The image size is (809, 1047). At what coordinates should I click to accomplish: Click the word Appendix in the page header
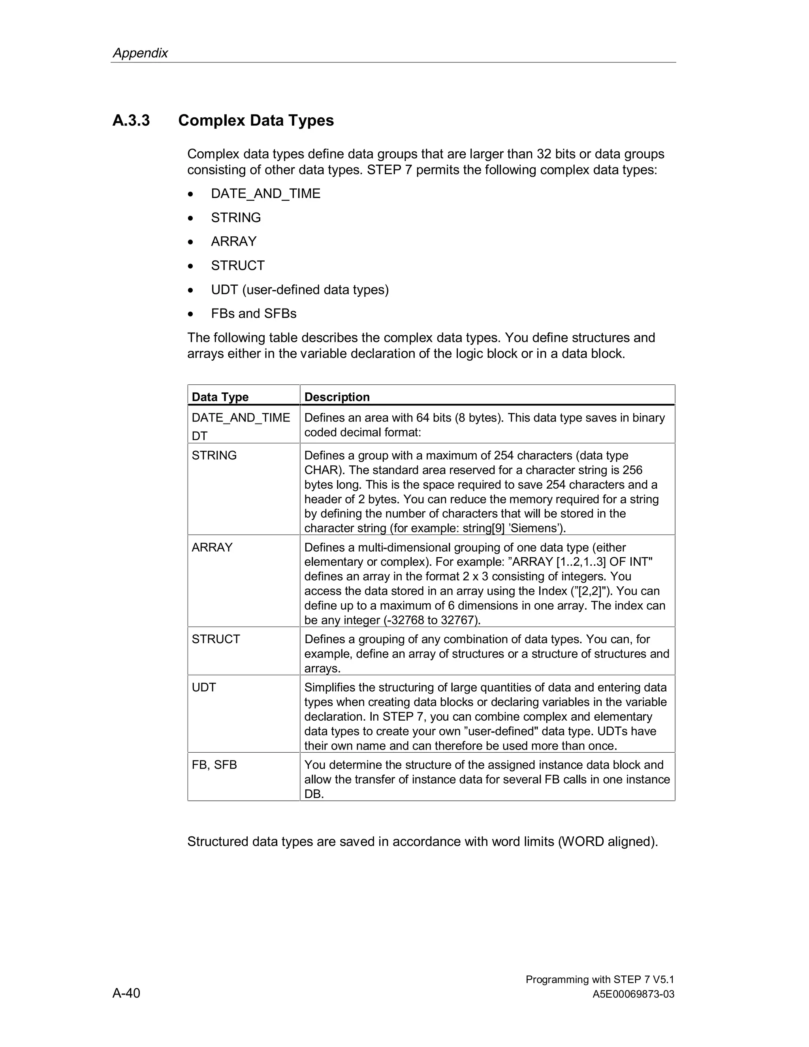point(140,53)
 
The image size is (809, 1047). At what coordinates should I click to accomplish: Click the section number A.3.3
point(131,121)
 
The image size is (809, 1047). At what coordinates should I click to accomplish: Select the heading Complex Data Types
point(256,121)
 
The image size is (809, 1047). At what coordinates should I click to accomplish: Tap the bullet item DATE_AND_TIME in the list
point(265,194)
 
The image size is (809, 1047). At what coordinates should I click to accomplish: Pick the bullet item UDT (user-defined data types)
point(299,290)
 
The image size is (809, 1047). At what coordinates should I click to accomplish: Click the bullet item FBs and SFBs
point(254,314)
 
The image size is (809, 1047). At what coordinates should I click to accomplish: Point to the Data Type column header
point(220,397)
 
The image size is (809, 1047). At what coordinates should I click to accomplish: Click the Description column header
point(337,397)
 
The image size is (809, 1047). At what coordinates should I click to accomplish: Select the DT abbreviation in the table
point(199,436)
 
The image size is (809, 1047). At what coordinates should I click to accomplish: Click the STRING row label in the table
point(214,456)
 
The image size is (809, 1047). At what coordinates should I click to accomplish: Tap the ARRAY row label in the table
point(212,548)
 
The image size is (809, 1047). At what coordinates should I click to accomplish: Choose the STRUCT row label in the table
point(216,639)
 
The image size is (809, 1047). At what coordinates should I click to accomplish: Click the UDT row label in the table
point(204,687)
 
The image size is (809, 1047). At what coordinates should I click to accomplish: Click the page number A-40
point(126,993)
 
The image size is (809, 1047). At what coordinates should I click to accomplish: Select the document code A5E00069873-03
point(633,994)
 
